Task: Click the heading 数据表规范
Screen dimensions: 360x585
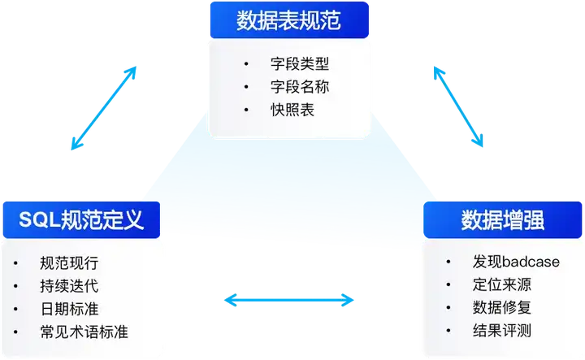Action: (288, 20)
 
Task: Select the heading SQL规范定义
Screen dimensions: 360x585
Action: (81, 219)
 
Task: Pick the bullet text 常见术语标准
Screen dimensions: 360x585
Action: (84, 332)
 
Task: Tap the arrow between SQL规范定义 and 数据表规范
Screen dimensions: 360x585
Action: (103, 108)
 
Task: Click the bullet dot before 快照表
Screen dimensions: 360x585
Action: (247, 110)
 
